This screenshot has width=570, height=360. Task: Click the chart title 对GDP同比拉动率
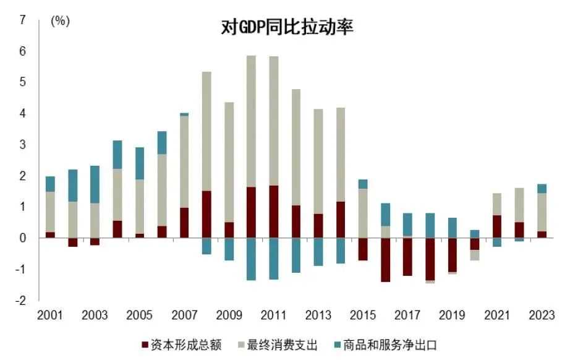tap(287, 27)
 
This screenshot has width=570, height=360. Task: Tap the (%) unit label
tap(60, 20)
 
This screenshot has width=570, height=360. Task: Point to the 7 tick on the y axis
tap(23, 20)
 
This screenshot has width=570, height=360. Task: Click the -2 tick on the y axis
tap(21, 301)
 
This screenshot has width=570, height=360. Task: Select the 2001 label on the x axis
tap(50, 315)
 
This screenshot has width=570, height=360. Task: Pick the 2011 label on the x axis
tap(273, 315)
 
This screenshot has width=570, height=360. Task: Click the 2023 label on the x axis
tap(542, 315)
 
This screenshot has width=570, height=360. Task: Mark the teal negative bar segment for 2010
tap(251, 259)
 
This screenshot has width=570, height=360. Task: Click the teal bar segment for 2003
tap(95, 184)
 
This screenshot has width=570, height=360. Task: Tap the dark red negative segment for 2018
tap(430, 259)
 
